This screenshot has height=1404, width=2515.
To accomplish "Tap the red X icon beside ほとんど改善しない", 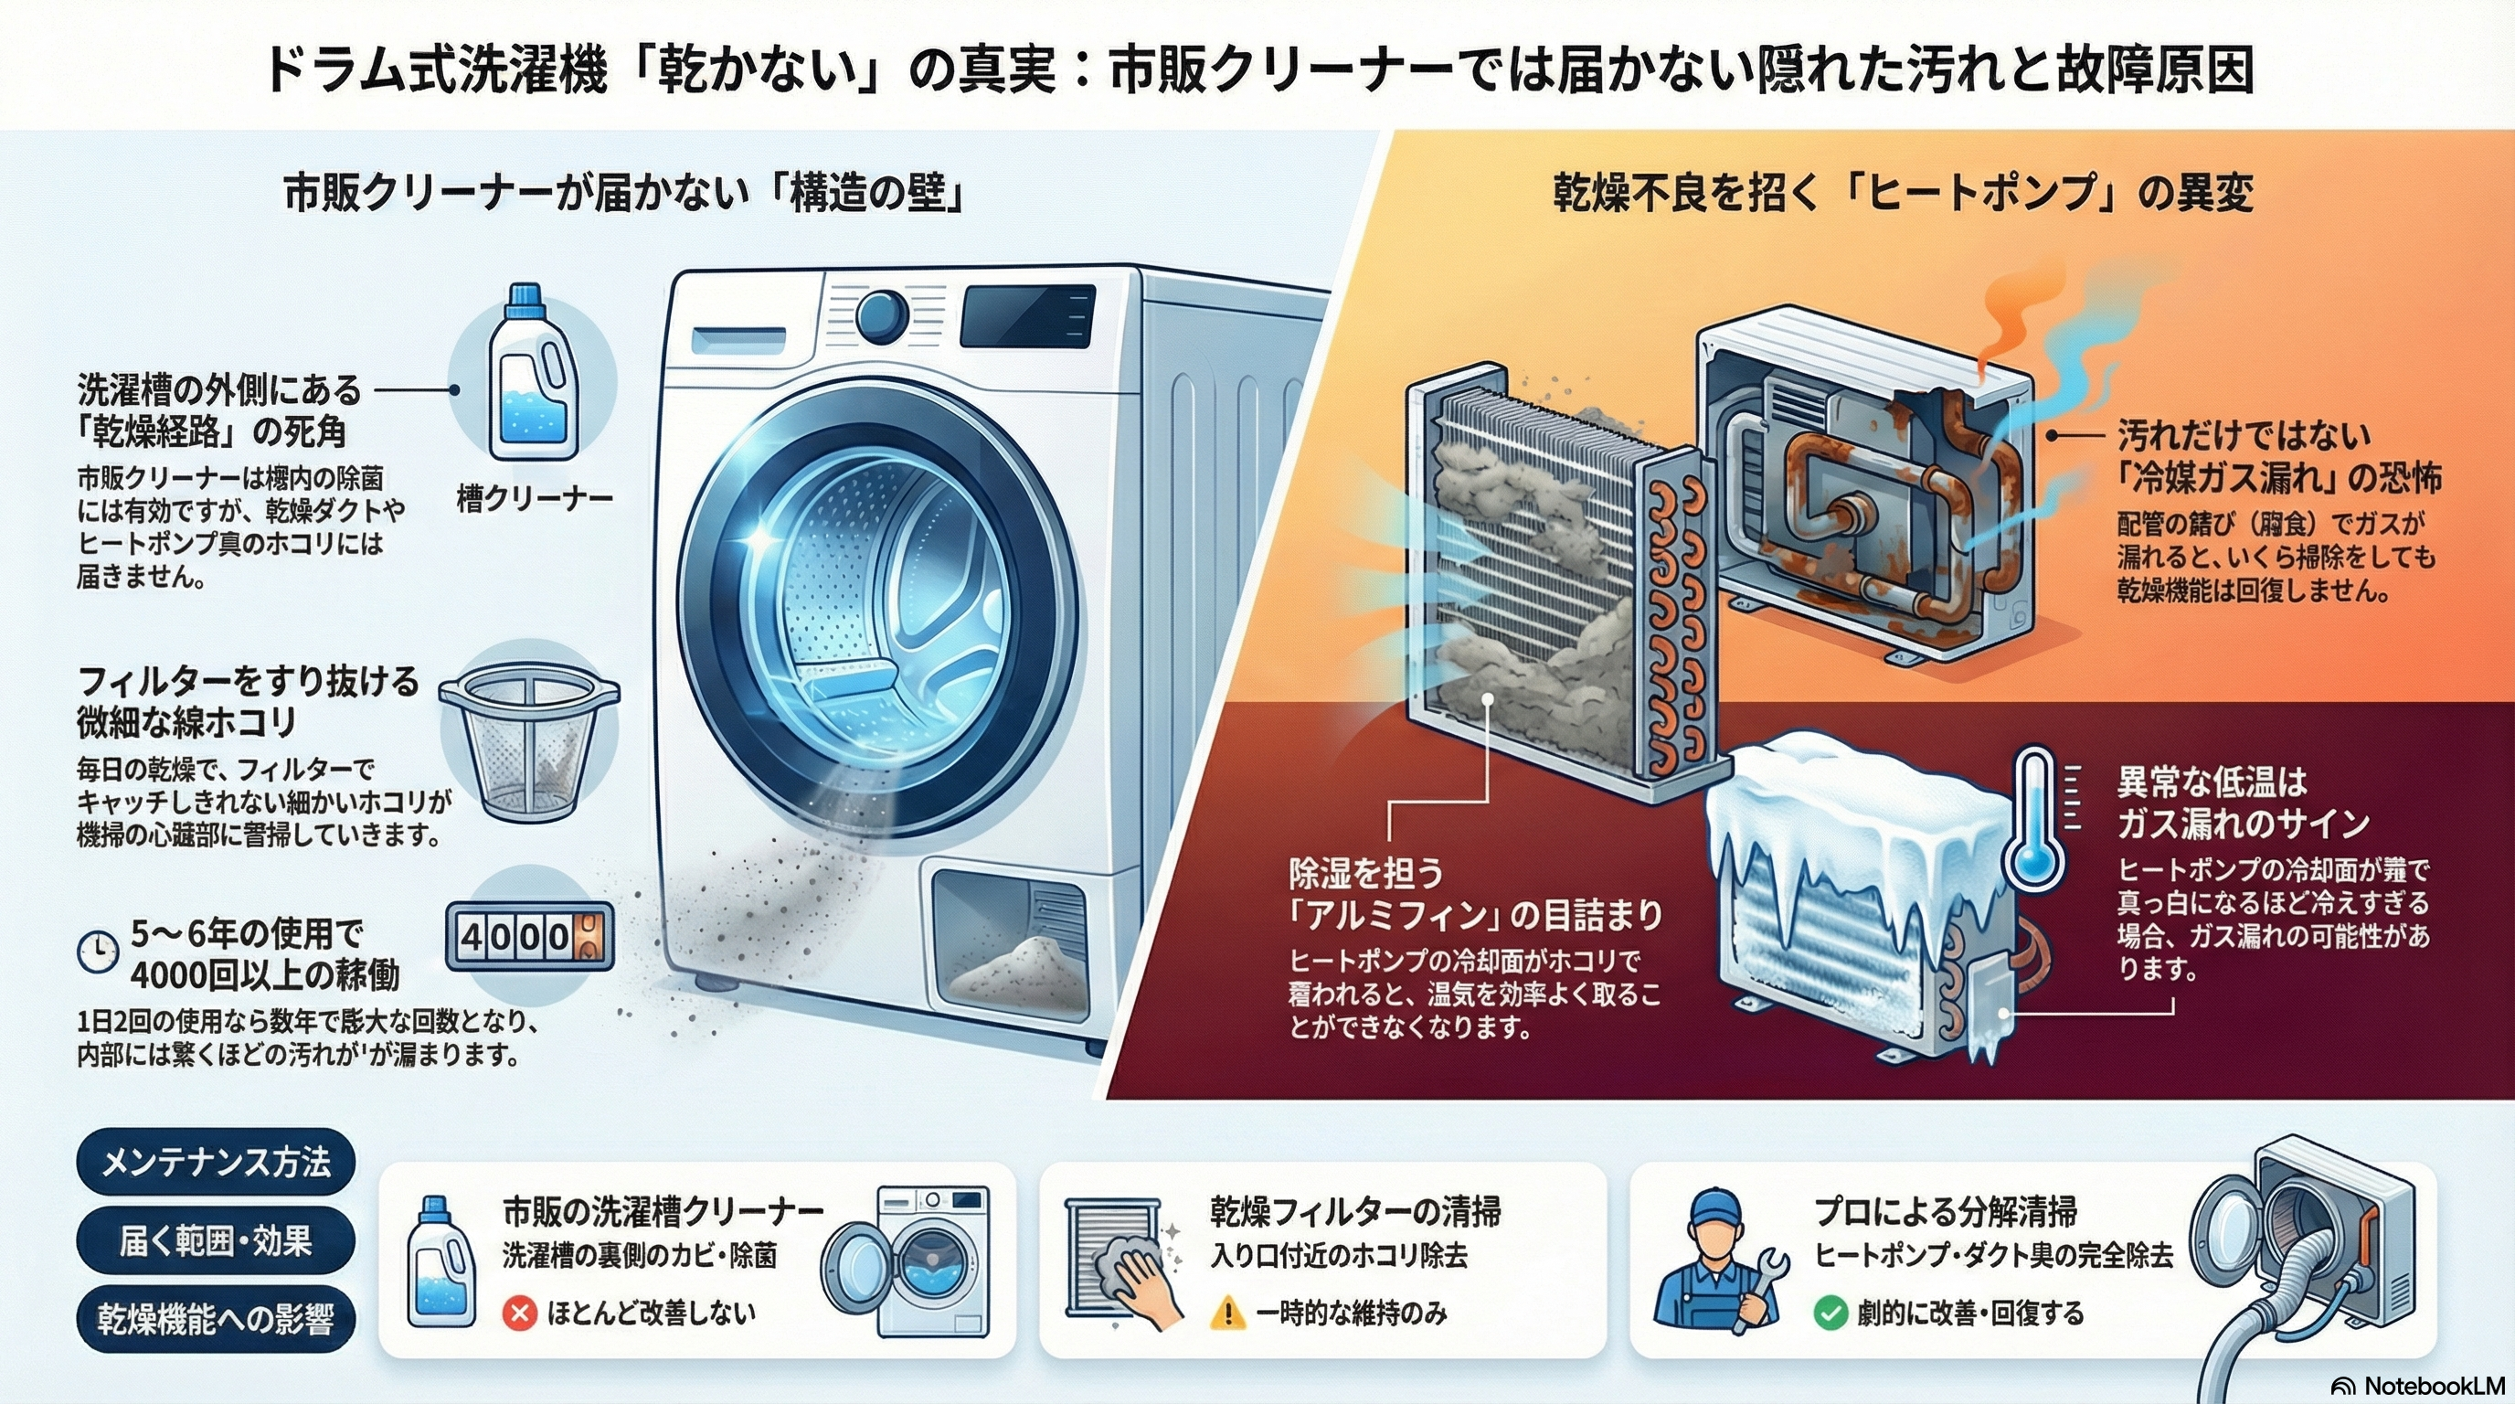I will [519, 1314].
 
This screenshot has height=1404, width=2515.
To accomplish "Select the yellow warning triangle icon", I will [1227, 1314].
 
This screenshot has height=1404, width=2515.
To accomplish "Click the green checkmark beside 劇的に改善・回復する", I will [1830, 1314].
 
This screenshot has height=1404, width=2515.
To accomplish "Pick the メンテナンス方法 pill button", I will [216, 1162].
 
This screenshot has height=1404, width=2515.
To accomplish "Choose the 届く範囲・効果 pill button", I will [216, 1241].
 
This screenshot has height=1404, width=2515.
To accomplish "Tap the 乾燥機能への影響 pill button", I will [216, 1319].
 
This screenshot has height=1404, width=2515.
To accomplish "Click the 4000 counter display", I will [529, 936].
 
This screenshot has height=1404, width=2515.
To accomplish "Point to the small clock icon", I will [98, 952].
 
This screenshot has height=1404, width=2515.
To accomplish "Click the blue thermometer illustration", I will [2034, 820].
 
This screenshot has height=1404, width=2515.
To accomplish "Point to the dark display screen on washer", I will [1027, 315].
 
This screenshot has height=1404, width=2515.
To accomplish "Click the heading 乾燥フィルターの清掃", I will [1355, 1212].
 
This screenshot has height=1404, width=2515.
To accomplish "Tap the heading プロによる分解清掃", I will [1945, 1212].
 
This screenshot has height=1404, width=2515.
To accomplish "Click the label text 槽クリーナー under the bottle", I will [534, 499].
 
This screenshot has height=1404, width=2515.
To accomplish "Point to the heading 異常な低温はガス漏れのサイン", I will [2242, 803].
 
